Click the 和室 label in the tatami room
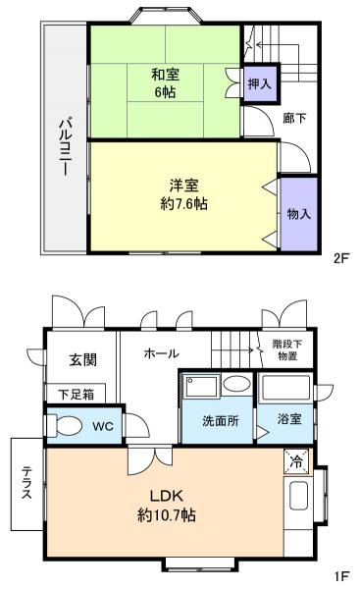[164, 74]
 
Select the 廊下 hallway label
[294, 119]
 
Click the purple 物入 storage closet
[298, 213]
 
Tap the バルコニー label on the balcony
[64, 145]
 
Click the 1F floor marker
[340, 576]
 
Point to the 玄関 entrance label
[82, 359]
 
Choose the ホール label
[161, 352]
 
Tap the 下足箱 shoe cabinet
[75, 395]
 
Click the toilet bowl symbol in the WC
[67, 427]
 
